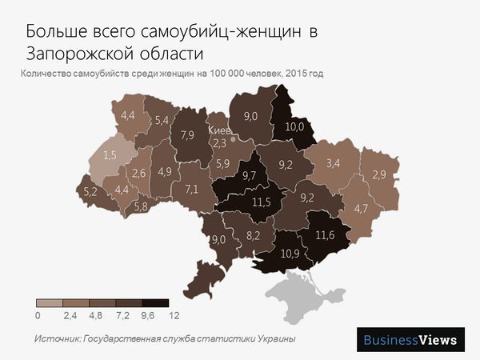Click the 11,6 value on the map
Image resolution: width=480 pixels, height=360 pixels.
pyautogui.click(x=325, y=235)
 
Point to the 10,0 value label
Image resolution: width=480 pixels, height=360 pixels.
pyautogui.click(x=294, y=126)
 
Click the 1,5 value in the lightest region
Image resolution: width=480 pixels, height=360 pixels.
pyautogui.click(x=111, y=154)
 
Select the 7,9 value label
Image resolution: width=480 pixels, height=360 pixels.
pyautogui.click(x=189, y=134)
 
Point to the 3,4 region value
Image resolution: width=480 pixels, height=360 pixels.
pyautogui.click(x=333, y=164)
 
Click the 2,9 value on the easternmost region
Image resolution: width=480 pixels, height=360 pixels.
pyautogui.click(x=378, y=174)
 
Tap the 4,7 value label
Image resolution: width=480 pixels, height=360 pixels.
pyautogui.click(x=361, y=209)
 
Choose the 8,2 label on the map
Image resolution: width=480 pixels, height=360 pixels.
pyautogui.click(x=254, y=235)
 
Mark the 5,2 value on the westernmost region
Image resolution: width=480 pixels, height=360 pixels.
pyautogui.click(x=90, y=191)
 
